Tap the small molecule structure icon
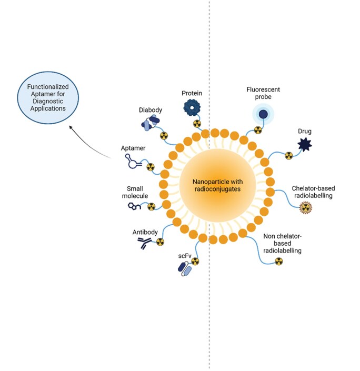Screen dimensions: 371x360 coord(135,206)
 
